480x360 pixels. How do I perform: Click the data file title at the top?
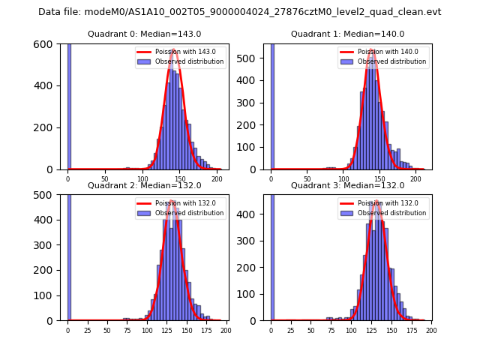point(240,12)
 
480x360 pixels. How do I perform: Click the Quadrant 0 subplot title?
point(144,34)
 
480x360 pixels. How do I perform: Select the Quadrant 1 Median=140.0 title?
point(347,34)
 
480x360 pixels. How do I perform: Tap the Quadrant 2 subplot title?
point(144,185)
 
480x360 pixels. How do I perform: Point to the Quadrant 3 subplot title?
point(347,185)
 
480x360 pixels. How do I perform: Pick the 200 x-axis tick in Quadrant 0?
point(217,179)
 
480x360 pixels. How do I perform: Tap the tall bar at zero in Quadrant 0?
point(68,105)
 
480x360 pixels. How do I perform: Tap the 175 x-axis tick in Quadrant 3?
point(411,330)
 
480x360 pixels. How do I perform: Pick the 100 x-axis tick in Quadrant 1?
point(344,179)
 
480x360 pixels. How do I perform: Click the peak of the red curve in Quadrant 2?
point(172,201)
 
